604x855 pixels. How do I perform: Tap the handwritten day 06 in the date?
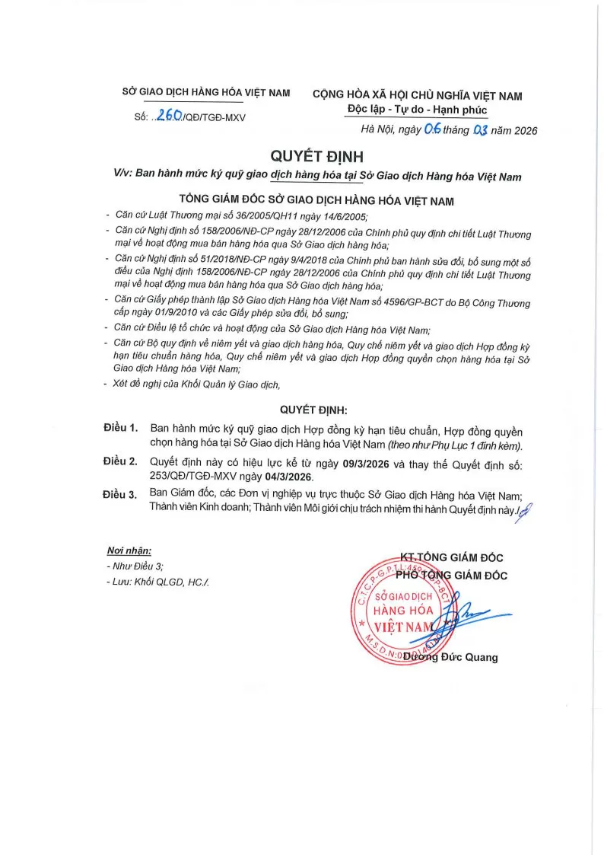(433, 129)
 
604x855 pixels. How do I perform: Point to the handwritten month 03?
(479, 130)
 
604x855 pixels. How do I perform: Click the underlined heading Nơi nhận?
(129, 550)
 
